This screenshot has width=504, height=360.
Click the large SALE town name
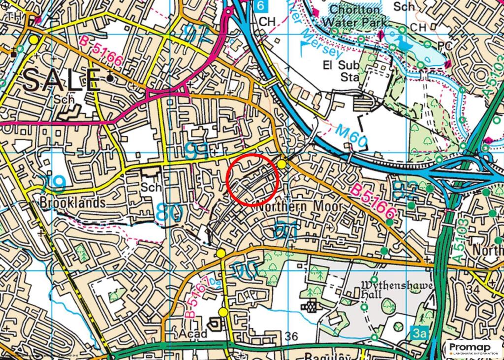60,79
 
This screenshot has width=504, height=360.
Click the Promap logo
472,349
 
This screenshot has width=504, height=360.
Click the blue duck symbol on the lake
406,44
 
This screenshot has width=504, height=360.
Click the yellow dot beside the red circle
282,164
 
